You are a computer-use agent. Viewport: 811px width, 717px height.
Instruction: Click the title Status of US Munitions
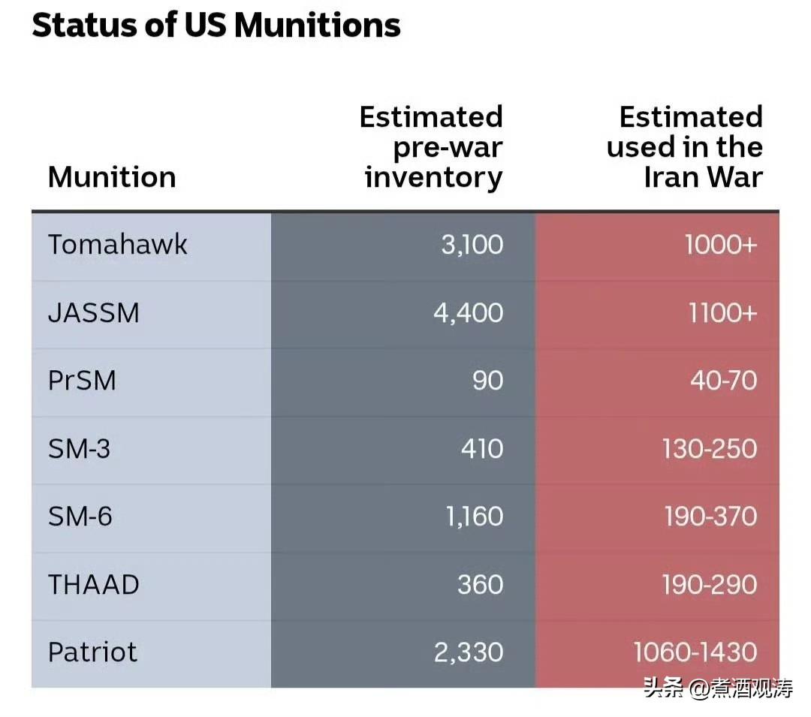coord(216,25)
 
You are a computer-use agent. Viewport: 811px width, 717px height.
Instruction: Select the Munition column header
coord(112,177)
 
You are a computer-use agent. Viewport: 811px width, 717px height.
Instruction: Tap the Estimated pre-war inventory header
coord(431,147)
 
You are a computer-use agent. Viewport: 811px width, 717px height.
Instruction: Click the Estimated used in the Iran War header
coord(685,147)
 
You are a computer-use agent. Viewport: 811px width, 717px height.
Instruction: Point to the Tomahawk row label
coord(117,244)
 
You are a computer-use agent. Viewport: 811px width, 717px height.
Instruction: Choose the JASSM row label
coord(94,313)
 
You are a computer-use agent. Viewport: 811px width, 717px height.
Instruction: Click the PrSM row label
coord(82,381)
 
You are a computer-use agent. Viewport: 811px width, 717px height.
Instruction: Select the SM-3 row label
coord(79,449)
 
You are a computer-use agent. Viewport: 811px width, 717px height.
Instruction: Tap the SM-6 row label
coord(80,517)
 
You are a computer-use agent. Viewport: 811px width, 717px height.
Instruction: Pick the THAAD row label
coord(94,585)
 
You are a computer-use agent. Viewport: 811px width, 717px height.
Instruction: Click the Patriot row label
coord(92,652)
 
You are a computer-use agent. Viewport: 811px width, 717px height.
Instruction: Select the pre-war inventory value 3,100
coord(472,245)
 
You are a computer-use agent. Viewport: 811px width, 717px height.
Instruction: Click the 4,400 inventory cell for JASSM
coord(468,313)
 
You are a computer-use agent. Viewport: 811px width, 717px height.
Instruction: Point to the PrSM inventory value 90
coord(488,381)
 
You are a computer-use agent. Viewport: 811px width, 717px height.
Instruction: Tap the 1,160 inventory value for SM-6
coord(475,517)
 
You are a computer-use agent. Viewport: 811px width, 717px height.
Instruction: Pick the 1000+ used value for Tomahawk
coord(721,245)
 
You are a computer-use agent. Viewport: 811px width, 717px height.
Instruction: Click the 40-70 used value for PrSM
coord(724,381)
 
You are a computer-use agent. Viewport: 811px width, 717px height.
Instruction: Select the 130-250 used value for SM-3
coord(710,449)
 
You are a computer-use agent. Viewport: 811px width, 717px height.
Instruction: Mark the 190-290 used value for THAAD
coord(710,585)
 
